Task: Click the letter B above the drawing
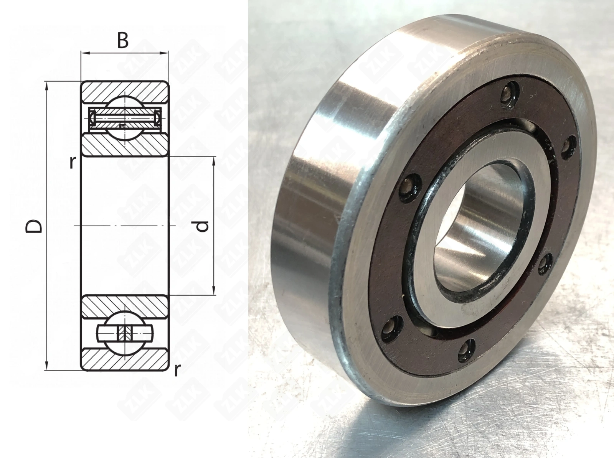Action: [x=123, y=41]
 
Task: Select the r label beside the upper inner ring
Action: [x=72, y=163]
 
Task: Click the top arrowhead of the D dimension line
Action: [x=47, y=86]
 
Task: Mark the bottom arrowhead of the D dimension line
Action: [x=47, y=366]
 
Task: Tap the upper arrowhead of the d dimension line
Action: [x=214, y=161]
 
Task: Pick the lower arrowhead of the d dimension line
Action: [x=214, y=290]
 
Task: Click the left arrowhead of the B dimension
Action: [x=86, y=53]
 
